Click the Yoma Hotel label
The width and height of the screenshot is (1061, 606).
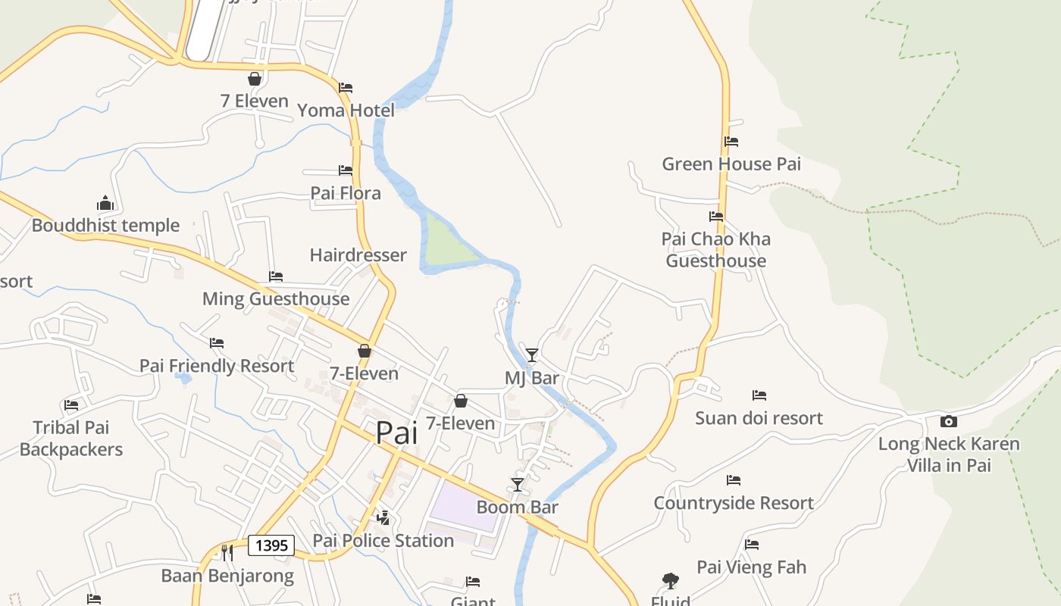(x=346, y=111)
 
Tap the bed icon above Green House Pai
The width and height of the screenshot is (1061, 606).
(x=731, y=142)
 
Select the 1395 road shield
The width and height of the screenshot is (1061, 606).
(x=271, y=545)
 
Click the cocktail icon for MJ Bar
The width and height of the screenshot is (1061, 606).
(x=532, y=355)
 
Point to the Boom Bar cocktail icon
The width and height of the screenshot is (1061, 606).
(x=518, y=484)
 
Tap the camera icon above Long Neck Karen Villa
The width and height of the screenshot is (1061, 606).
(x=948, y=422)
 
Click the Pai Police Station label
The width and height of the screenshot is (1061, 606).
(x=383, y=540)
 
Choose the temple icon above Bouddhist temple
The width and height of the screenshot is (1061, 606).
(x=105, y=203)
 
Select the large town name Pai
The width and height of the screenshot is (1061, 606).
(x=396, y=433)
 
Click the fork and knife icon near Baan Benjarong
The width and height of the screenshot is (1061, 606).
(x=226, y=552)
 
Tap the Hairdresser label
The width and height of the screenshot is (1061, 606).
(x=358, y=255)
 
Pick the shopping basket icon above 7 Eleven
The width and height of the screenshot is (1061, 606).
(x=255, y=79)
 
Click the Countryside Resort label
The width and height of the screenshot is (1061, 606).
(x=734, y=503)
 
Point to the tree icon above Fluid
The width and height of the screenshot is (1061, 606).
(x=670, y=581)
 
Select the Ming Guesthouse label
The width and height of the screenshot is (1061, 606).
(x=276, y=298)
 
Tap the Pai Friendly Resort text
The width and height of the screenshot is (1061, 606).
(x=217, y=366)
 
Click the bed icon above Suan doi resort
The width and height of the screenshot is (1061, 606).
(x=759, y=395)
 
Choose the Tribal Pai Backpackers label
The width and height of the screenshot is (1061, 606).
(x=71, y=439)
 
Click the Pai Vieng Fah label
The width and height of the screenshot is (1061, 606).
(x=751, y=567)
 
